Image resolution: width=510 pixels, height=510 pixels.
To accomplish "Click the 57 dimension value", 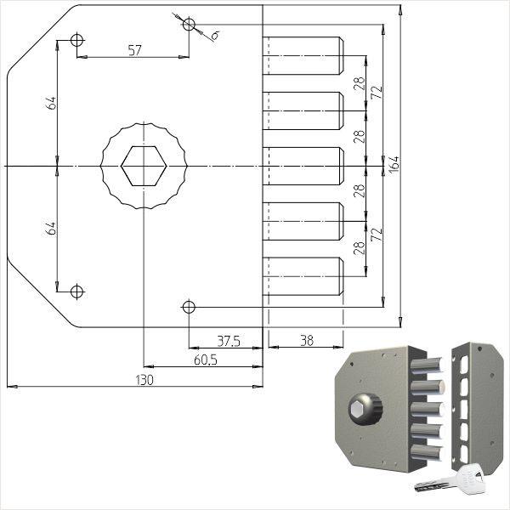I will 134,50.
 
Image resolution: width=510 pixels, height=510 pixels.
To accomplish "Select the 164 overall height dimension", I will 394,164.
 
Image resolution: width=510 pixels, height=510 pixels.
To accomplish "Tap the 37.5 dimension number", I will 228,341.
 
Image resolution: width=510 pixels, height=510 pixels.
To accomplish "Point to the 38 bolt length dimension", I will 306,340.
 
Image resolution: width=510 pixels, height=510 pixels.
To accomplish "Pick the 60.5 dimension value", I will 205,360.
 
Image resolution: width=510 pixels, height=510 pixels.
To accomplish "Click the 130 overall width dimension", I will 144,380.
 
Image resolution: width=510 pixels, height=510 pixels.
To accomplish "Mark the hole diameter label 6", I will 214,35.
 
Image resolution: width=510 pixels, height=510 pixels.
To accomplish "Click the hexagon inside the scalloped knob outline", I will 143,164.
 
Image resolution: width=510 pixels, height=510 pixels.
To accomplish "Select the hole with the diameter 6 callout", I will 189,24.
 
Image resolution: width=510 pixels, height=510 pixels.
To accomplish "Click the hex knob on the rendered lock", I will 358,408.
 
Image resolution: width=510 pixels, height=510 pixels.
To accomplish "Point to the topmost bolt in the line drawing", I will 303,56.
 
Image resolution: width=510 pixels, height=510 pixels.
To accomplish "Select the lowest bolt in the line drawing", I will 303,275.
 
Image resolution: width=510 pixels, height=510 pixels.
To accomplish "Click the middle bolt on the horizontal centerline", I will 303,166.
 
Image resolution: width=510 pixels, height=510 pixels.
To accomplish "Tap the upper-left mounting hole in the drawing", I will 77,40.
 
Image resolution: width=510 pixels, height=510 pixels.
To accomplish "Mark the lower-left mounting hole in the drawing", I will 77,292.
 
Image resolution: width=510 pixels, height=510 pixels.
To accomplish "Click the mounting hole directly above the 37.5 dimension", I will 189,306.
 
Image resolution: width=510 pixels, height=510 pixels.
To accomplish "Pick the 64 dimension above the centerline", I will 52,103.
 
